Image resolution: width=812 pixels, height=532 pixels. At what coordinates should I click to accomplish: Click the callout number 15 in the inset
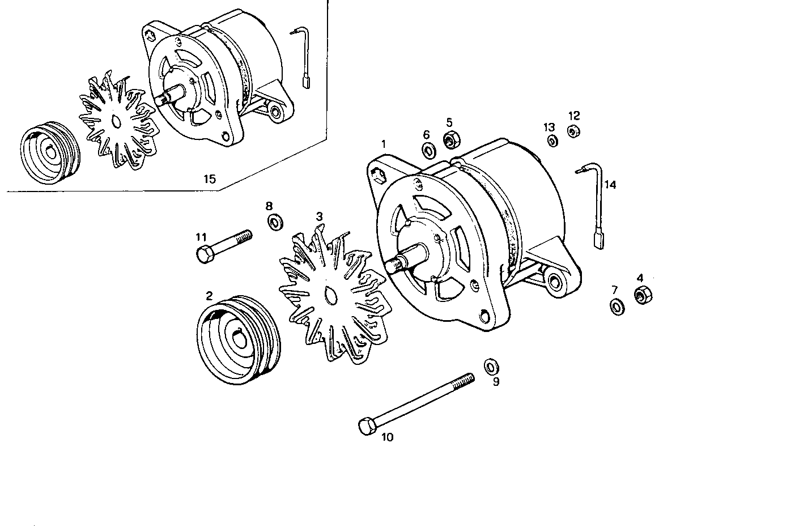pyautogui.click(x=210, y=179)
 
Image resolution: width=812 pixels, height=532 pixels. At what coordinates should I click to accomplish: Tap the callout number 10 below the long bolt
pyautogui.click(x=387, y=437)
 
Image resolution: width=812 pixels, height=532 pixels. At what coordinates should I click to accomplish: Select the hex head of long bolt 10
pyautogui.click(x=367, y=426)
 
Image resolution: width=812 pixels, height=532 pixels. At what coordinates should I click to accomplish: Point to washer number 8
pyautogui.click(x=275, y=222)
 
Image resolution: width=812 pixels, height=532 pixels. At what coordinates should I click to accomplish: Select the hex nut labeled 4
pyautogui.click(x=642, y=295)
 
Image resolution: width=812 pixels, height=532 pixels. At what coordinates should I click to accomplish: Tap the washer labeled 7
pyautogui.click(x=617, y=307)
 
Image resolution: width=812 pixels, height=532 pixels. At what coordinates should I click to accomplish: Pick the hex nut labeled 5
pyautogui.click(x=451, y=139)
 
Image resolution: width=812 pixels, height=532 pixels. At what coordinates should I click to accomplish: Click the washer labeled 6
pyautogui.click(x=428, y=151)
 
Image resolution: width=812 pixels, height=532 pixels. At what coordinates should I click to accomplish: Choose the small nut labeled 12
pyautogui.click(x=573, y=131)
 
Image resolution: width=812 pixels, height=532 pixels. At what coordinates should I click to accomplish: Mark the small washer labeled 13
pyautogui.click(x=551, y=141)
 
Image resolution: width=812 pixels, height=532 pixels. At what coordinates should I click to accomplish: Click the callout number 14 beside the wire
pyautogui.click(x=610, y=185)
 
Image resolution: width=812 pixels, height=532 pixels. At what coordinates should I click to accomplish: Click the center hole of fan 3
pyautogui.click(x=330, y=295)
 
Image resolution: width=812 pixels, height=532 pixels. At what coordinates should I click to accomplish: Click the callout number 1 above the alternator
pyautogui.click(x=384, y=144)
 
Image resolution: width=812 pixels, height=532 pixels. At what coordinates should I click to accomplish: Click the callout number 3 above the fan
pyautogui.click(x=320, y=216)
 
